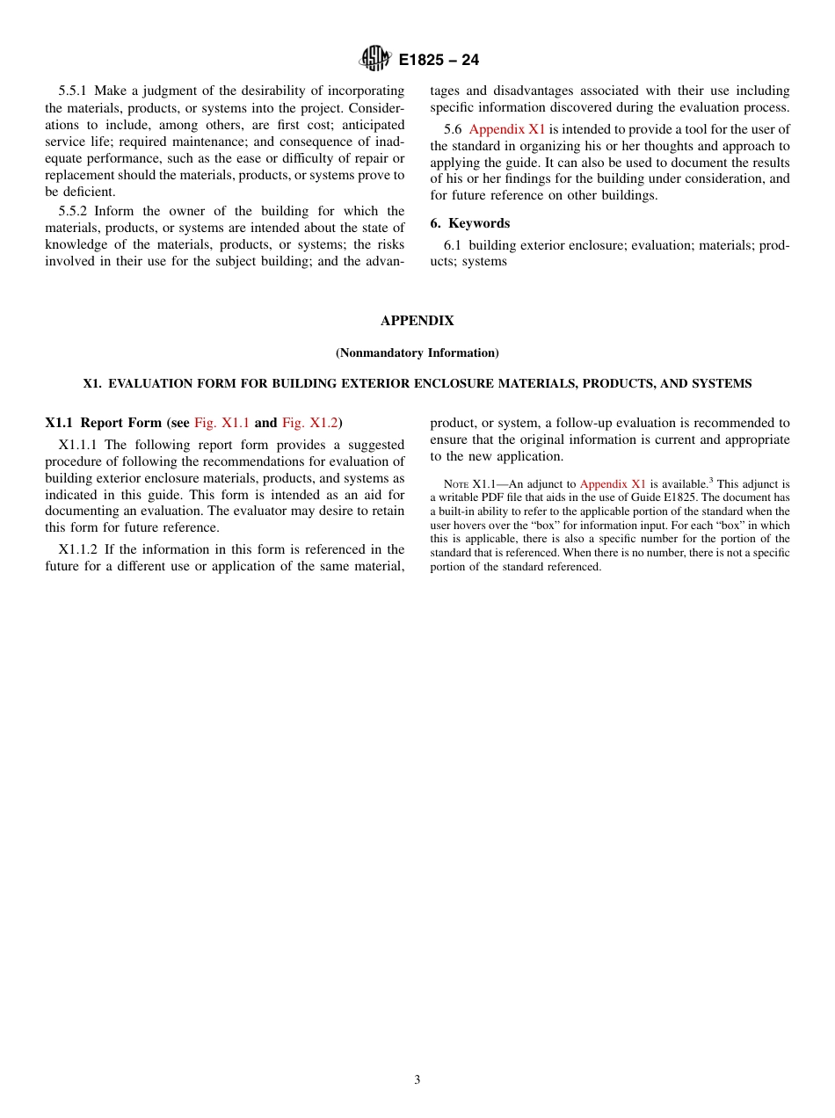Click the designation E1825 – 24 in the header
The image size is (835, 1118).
(x=439, y=61)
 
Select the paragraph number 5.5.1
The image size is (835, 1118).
(x=75, y=91)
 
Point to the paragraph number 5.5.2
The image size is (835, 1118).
(x=75, y=211)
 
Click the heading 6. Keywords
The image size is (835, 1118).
(x=469, y=223)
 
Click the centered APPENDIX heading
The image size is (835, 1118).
(x=417, y=321)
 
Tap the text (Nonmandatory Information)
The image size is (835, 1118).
(x=417, y=352)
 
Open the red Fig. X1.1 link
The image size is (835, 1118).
(x=221, y=423)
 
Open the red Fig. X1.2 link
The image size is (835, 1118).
(x=309, y=423)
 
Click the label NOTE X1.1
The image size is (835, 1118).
(x=471, y=484)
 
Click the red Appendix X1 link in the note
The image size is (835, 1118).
(x=613, y=484)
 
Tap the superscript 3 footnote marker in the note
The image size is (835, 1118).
(x=711, y=481)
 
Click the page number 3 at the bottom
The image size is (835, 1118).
(x=417, y=1080)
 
